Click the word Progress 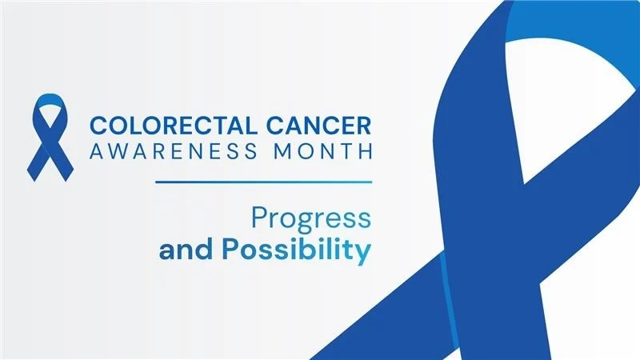coord(311,218)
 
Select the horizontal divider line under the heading coord(264,182)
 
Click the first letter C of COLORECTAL coord(98,126)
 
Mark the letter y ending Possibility coord(364,253)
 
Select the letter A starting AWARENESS coord(96,150)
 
